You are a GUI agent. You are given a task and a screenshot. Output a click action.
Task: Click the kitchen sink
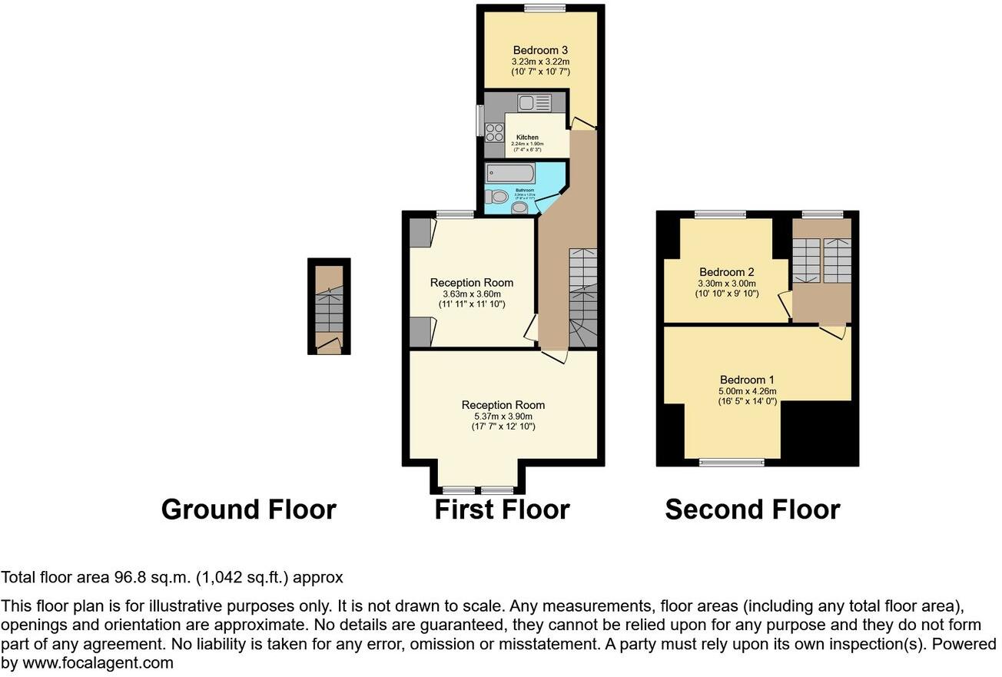[534, 102]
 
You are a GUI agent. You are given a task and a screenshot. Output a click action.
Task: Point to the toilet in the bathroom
[499, 196]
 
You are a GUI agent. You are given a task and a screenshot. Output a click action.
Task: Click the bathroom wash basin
[520, 206]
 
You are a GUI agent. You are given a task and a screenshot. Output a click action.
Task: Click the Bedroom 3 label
[540, 51]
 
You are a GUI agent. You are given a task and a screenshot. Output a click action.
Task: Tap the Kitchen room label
[527, 138]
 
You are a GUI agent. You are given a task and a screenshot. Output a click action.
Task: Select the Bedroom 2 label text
[726, 272]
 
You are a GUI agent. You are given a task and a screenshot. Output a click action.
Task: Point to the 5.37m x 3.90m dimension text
[503, 416]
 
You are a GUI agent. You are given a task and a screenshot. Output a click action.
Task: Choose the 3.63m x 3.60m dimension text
[472, 294]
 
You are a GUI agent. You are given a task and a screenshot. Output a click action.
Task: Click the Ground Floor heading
[248, 509]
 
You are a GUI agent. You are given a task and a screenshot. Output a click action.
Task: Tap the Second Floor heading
[752, 509]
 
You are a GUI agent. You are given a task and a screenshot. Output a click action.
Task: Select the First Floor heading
[502, 509]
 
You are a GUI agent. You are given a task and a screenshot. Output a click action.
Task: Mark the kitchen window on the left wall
[479, 121]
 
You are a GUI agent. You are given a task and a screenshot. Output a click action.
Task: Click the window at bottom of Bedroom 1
[732, 463]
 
